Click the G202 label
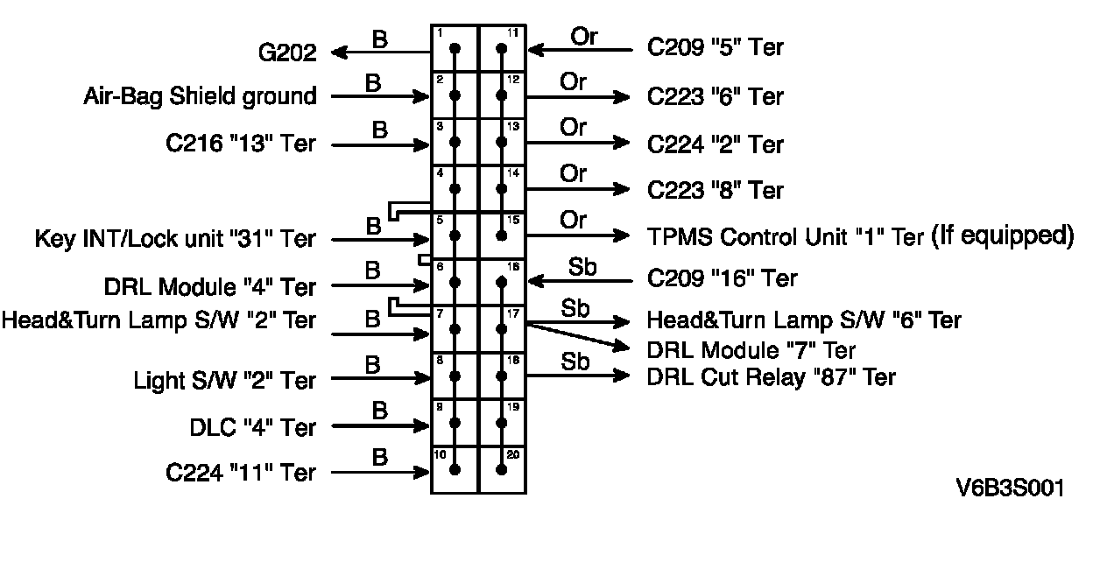pos(286,53)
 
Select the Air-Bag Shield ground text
pos(200,95)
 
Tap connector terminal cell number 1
pos(455,48)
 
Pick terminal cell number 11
pos(502,48)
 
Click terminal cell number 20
pos(502,468)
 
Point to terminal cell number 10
pos(455,468)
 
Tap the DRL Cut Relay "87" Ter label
pos(771,376)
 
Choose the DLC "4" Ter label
pos(252,427)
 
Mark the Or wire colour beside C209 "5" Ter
pos(584,37)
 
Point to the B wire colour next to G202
pos(380,39)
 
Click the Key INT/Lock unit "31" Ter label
pos(175,238)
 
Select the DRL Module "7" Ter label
pos(751,350)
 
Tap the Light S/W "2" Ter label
pos(224,380)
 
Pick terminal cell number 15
pos(502,235)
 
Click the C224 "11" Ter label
pos(240,473)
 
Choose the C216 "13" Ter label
pos(240,144)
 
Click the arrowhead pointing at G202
pos(338,53)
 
